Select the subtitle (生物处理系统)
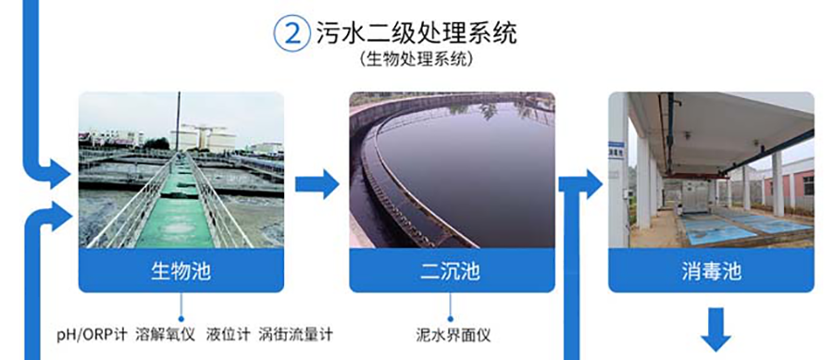click(x=416, y=59)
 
